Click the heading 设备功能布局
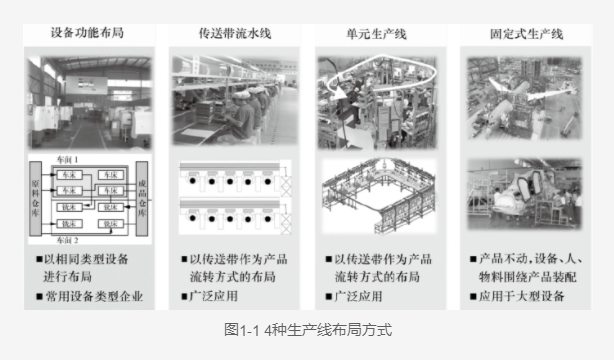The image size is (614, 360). pyautogui.click(x=89, y=33)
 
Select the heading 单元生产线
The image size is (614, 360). pyautogui.click(x=376, y=33)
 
